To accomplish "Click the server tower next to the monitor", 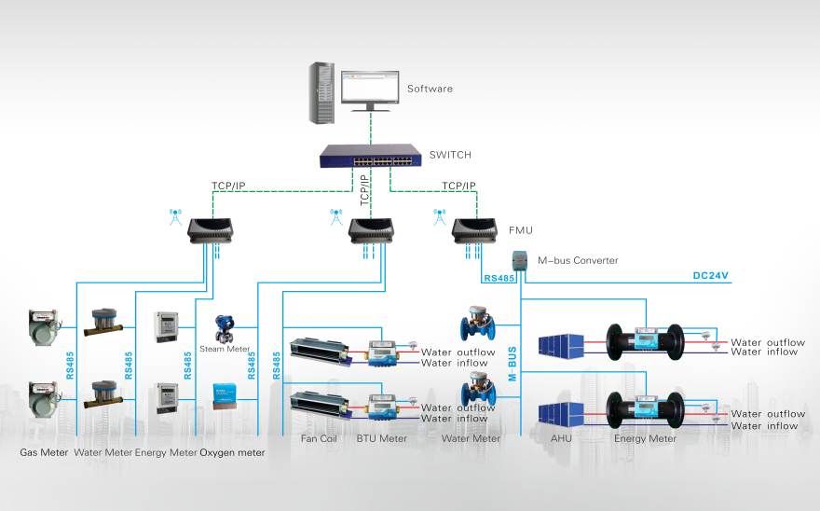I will pos(321,91).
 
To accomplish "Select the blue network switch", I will pos(369,158).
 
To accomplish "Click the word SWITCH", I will pos(450,155).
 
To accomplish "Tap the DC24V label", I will pos(710,276).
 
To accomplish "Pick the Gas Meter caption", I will pos(43,453).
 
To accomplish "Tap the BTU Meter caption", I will pos(380,438).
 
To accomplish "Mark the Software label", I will pos(430,89).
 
